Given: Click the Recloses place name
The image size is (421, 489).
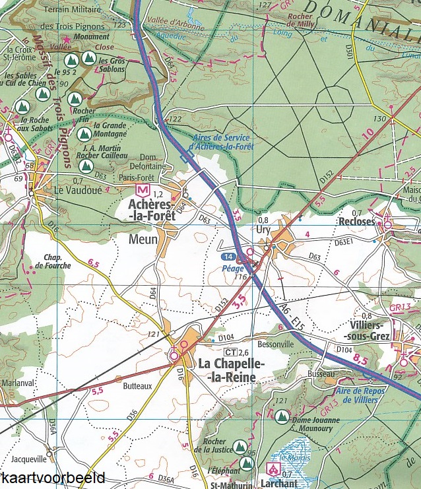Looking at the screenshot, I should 356,222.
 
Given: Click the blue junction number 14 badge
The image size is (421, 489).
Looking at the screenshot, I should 228,255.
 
